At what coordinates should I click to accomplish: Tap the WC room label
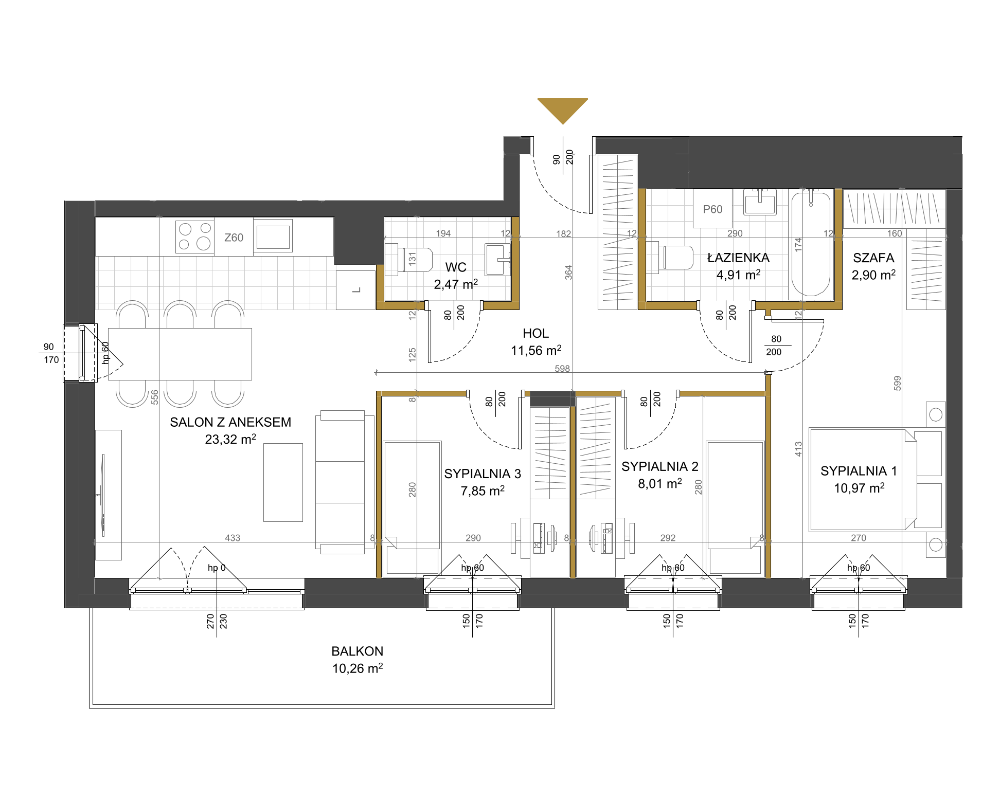[x=456, y=267]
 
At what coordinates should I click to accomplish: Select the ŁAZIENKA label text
[x=738, y=258]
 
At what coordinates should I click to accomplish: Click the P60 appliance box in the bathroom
[x=712, y=208]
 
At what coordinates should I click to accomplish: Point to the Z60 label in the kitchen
[x=234, y=238]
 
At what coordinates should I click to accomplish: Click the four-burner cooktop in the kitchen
[x=194, y=237]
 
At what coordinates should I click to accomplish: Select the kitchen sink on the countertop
[x=273, y=236]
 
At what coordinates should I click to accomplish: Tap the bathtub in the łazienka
[x=811, y=244]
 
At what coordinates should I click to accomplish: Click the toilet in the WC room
[x=408, y=260]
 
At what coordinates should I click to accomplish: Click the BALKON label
[x=357, y=651]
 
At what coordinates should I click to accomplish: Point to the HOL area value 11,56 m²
[x=535, y=350]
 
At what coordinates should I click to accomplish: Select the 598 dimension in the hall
[x=562, y=368]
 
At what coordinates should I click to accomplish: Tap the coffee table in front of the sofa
[x=283, y=482]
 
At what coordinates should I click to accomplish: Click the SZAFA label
[x=873, y=258]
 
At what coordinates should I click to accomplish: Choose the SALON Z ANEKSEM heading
[x=230, y=422]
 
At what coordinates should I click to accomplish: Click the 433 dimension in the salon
[x=233, y=538]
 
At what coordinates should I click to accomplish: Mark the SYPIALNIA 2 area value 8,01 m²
[x=660, y=483]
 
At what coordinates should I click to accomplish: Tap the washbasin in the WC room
[x=497, y=260]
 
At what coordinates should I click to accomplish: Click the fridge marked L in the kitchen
[x=355, y=290]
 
